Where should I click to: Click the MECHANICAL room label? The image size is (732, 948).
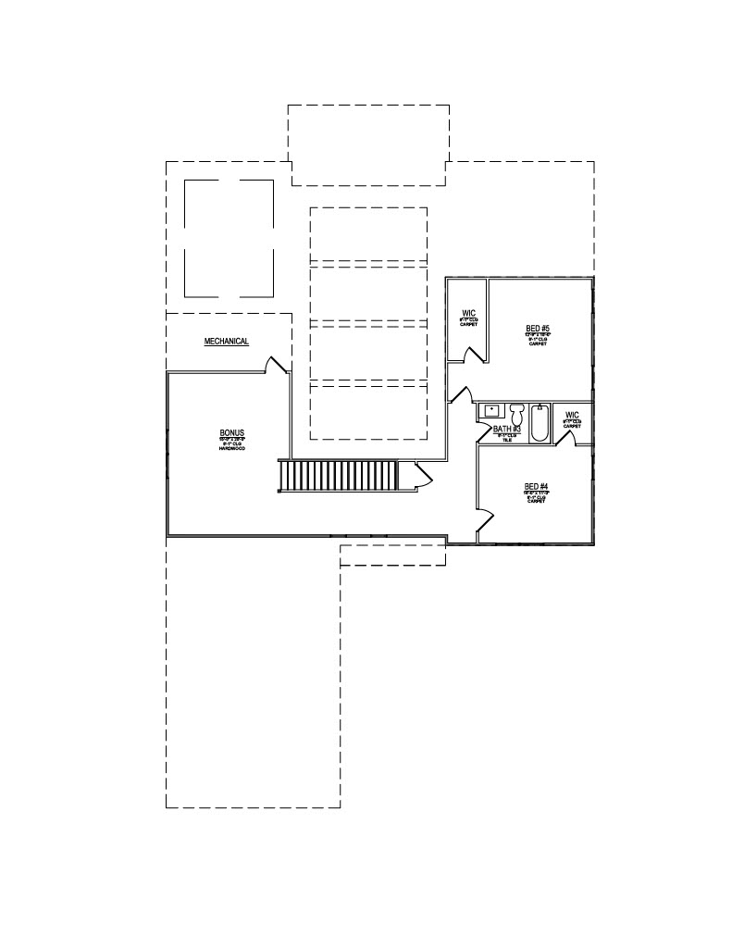pyautogui.click(x=227, y=342)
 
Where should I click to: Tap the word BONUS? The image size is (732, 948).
pyautogui.click(x=231, y=433)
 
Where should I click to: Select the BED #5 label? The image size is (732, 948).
pyautogui.click(x=538, y=329)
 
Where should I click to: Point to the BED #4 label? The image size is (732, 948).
pyautogui.click(x=537, y=487)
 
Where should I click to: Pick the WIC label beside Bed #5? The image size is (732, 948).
pyautogui.click(x=467, y=313)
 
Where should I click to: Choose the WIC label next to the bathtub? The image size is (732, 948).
pyautogui.click(x=572, y=415)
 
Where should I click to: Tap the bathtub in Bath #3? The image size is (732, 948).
pyautogui.click(x=540, y=422)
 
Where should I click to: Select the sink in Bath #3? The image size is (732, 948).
pyautogui.click(x=491, y=410)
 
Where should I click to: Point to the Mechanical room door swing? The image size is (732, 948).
pyautogui.click(x=276, y=364)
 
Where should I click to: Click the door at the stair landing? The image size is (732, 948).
pyautogui.click(x=423, y=474)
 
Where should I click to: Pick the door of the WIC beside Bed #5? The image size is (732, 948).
pyautogui.click(x=475, y=355)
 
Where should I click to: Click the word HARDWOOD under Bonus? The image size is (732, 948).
pyautogui.click(x=231, y=448)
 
